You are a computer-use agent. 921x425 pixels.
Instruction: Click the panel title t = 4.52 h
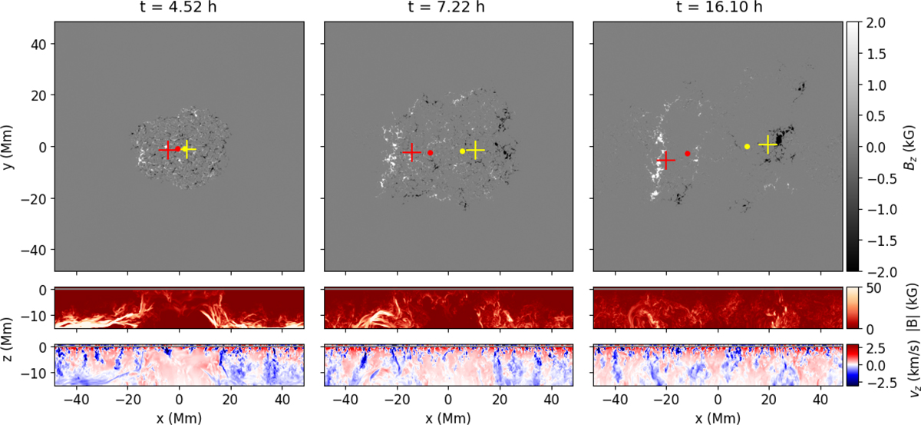[x=178, y=9]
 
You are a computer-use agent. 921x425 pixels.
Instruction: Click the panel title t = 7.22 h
[x=449, y=9]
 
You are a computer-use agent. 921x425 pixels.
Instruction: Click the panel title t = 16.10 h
[x=718, y=9]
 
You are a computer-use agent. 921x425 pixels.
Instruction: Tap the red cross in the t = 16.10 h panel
[x=666, y=160]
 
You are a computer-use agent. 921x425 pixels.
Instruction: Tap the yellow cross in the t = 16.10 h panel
[x=768, y=144]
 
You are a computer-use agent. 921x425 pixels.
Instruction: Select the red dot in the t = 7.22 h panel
[x=431, y=153]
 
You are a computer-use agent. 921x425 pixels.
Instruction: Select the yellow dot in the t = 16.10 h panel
[x=747, y=146]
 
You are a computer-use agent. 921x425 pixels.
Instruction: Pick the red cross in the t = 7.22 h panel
[x=412, y=152]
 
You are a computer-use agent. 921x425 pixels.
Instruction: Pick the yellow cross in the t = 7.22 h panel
[x=476, y=150]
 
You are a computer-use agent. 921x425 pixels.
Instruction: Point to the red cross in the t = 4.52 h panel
[x=168, y=151]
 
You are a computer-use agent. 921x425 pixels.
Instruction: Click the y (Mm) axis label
[x=9, y=146]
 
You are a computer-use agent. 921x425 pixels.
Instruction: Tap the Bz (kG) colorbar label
[x=907, y=146]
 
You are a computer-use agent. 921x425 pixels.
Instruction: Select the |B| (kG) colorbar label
[x=907, y=307]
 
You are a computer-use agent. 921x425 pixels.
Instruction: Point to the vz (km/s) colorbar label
[x=907, y=376]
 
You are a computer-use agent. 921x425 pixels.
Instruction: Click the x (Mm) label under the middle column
[x=449, y=417]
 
